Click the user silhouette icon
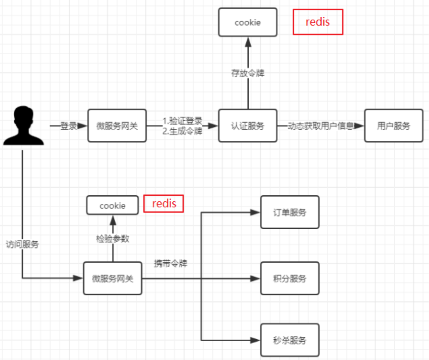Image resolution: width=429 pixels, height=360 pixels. pos(24,125)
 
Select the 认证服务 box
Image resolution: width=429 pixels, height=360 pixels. pos(247,126)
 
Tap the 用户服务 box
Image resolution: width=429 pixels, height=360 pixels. pos(394,126)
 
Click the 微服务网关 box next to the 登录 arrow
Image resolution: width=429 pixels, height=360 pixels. pos(117,126)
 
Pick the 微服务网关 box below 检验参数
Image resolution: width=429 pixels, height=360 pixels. pos(113,278)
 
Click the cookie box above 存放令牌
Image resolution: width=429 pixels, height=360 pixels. pos(247,22)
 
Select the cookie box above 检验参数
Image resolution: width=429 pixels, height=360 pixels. pos(113,205)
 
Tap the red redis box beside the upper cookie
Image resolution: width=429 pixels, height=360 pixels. pos(318,22)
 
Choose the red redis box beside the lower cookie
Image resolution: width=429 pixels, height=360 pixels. pos(164,204)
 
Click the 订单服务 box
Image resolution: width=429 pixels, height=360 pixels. pos(290,212)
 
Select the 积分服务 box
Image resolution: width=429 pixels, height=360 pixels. pos(290,278)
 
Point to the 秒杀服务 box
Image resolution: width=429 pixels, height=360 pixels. pos(290,340)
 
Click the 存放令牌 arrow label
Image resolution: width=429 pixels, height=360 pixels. pos(248,73)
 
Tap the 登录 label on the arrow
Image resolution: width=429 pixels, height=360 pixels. pos(69,126)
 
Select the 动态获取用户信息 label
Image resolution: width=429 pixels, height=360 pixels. pos(321,126)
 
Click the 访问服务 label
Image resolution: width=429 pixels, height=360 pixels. pos(22,244)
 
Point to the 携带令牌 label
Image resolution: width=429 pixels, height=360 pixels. pos(171,264)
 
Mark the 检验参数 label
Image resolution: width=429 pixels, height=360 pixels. pos(113,239)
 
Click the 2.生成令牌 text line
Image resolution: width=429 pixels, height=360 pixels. pos(182,131)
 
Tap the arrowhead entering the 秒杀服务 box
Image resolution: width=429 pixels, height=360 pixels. pos(255,340)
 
